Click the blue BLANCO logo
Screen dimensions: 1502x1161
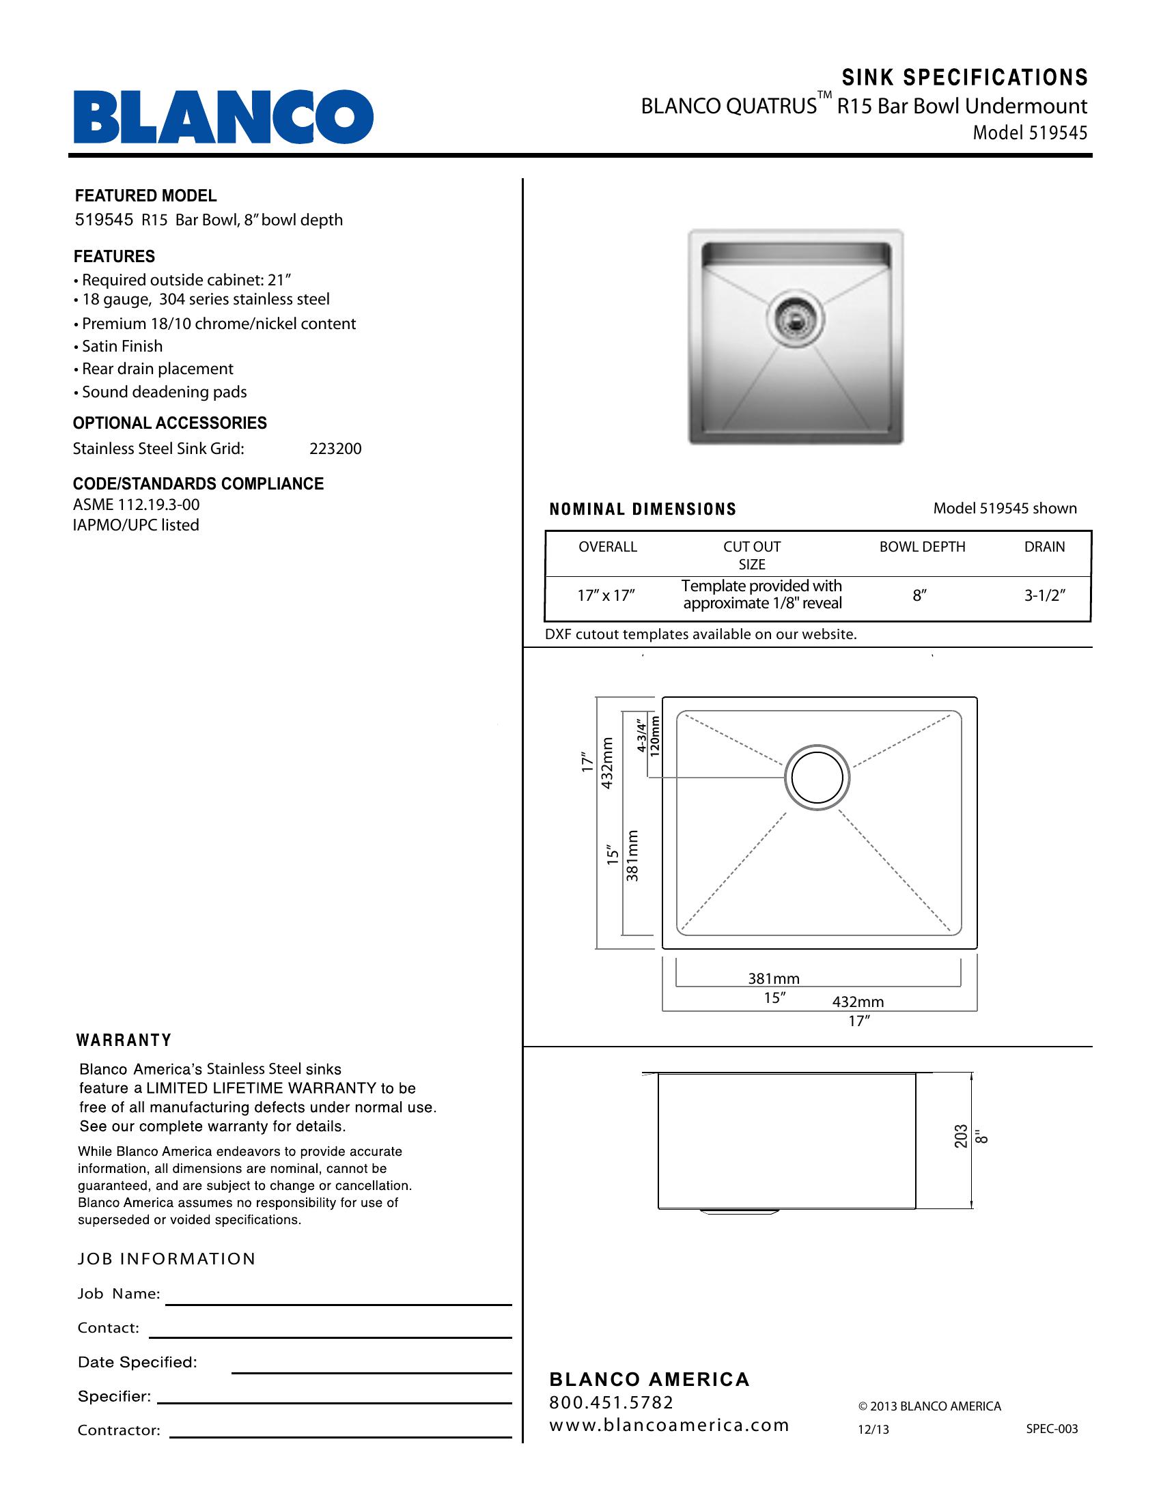coord(223,117)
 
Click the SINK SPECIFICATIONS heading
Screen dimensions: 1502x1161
coord(964,78)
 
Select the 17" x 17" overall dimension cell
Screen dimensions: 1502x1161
coord(605,595)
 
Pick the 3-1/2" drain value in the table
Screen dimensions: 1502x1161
coord(1044,595)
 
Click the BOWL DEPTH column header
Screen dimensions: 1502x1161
coord(922,547)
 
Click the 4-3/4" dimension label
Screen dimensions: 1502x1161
coord(641,736)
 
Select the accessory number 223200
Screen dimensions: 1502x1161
coord(335,449)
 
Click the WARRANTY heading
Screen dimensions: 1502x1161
coord(124,1040)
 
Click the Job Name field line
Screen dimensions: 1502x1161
coord(338,1303)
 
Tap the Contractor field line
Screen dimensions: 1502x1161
coord(341,1436)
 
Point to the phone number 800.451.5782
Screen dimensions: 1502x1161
coord(611,1402)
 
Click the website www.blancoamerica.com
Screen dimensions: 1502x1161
coord(669,1425)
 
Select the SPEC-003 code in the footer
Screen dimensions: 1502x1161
coord(1052,1428)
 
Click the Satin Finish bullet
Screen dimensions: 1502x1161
coord(122,346)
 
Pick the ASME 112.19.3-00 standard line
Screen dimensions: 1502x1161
coord(136,505)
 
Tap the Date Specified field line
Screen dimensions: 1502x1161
coord(372,1372)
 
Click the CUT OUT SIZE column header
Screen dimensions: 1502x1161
coord(752,555)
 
